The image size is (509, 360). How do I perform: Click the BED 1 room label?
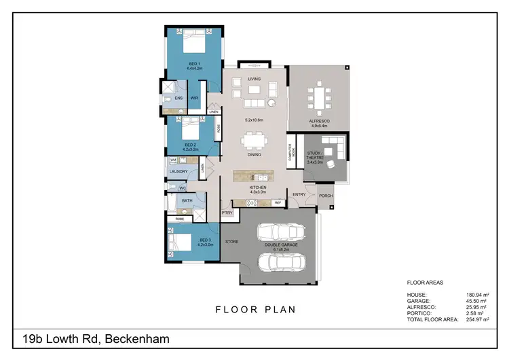tap(193, 64)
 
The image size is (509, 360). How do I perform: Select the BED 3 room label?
tap(206, 239)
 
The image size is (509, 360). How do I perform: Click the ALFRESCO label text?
tap(319, 120)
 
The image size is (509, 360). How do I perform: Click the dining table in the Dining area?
tap(254, 142)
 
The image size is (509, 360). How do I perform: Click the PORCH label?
tap(326, 196)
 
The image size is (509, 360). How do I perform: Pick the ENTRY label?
tap(299, 195)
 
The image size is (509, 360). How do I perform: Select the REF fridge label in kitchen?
tap(277, 203)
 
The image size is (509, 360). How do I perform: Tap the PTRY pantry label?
tap(227, 213)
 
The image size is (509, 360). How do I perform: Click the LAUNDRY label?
tap(178, 172)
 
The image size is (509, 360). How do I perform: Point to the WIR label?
tap(194, 98)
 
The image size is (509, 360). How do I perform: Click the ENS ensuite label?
tap(178, 98)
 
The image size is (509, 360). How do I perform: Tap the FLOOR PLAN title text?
tap(256, 310)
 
